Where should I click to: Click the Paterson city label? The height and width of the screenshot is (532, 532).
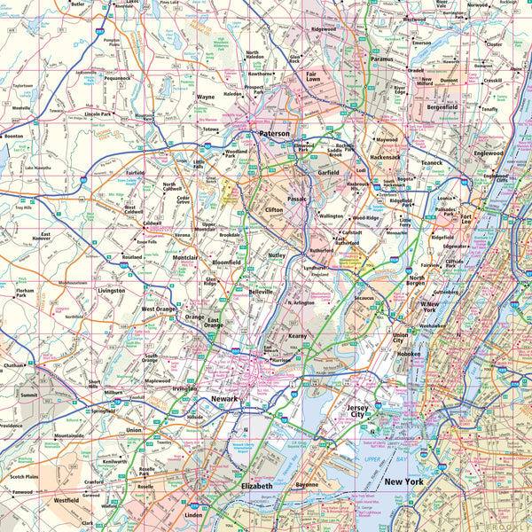click(x=274, y=134)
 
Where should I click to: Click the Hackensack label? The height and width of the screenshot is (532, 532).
click(x=385, y=157)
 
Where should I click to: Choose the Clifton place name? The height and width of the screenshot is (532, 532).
click(x=274, y=210)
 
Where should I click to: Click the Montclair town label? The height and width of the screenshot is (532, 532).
click(x=184, y=257)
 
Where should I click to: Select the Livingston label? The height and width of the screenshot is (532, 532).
click(x=112, y=290)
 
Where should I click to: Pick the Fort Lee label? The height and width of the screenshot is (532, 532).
click(x=466, y=219)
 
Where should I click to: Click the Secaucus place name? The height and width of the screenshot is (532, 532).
click(x=364, y=299)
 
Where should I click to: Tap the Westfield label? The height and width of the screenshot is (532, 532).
click(x=66, y=500)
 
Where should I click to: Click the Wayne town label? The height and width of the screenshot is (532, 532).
click(x=205, y=98)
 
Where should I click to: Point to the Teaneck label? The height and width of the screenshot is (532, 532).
click(x=431, y=163)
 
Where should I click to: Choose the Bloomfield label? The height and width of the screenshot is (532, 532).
click(x=227, y=263)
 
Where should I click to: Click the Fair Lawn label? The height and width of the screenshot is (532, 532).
click(x=312, y=77)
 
